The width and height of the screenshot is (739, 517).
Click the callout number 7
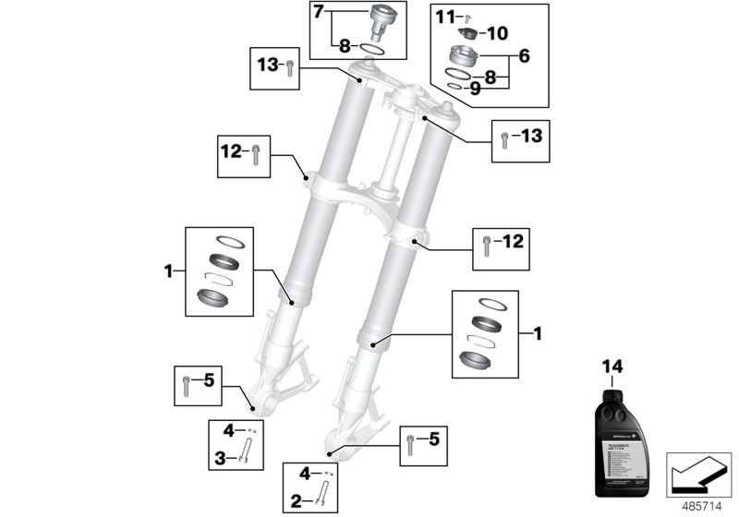(319, 13)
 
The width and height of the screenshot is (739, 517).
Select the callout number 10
(498, 33)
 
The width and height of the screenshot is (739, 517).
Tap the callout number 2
(296, 502)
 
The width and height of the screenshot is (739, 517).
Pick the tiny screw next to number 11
(468, 18)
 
